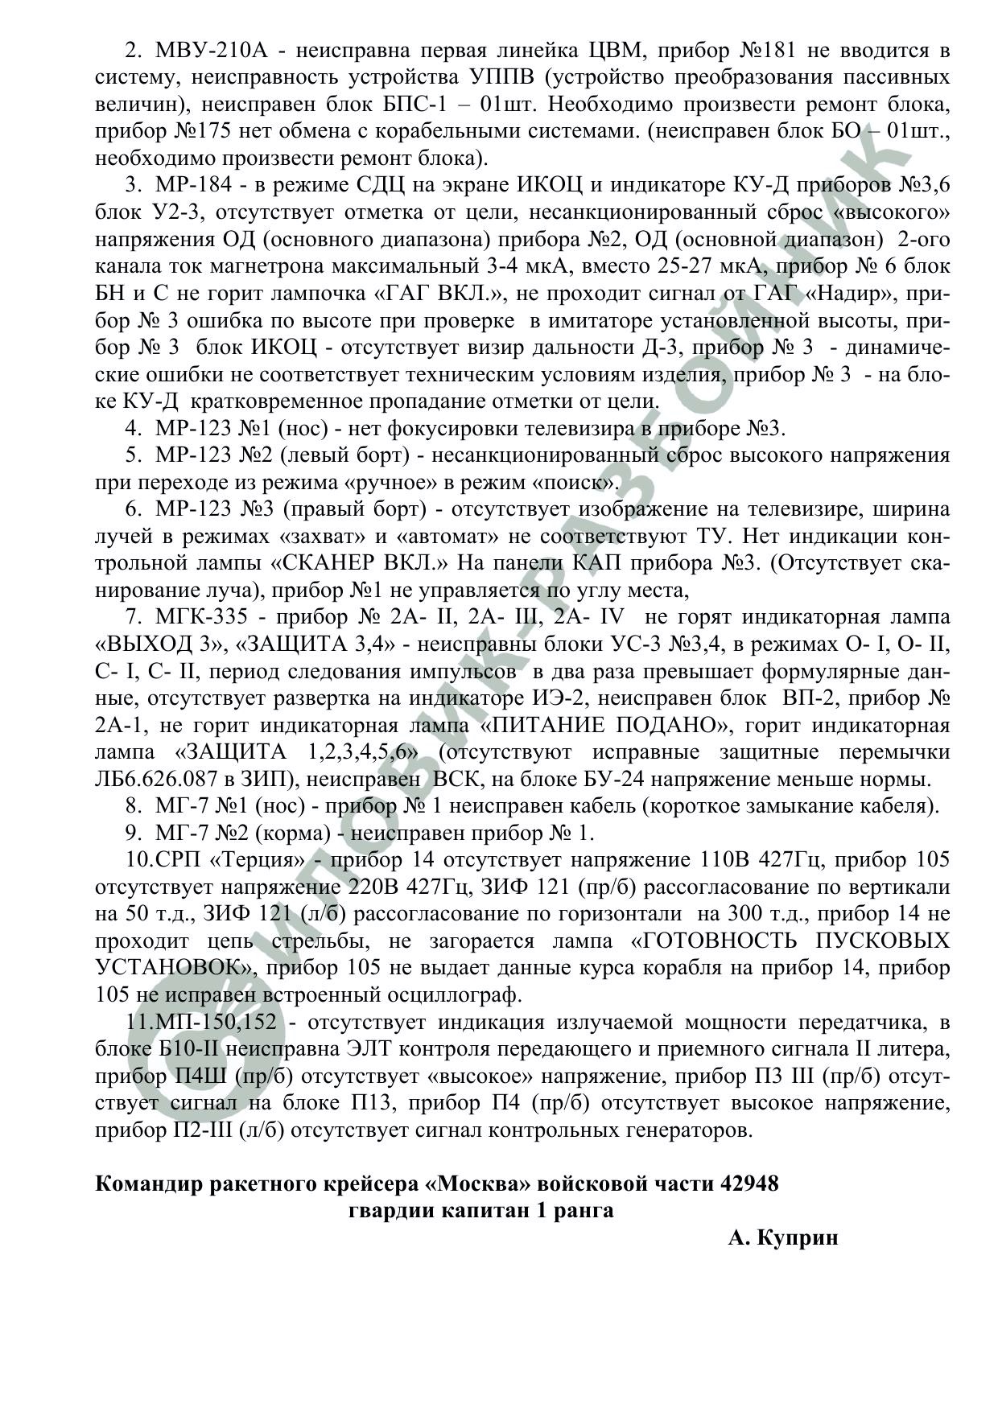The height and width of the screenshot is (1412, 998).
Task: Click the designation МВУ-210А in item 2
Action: tap(210, 51)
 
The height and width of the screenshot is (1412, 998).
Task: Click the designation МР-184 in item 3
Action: tap(193, 186)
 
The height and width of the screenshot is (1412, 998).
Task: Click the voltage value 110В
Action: tap(720, 860)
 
